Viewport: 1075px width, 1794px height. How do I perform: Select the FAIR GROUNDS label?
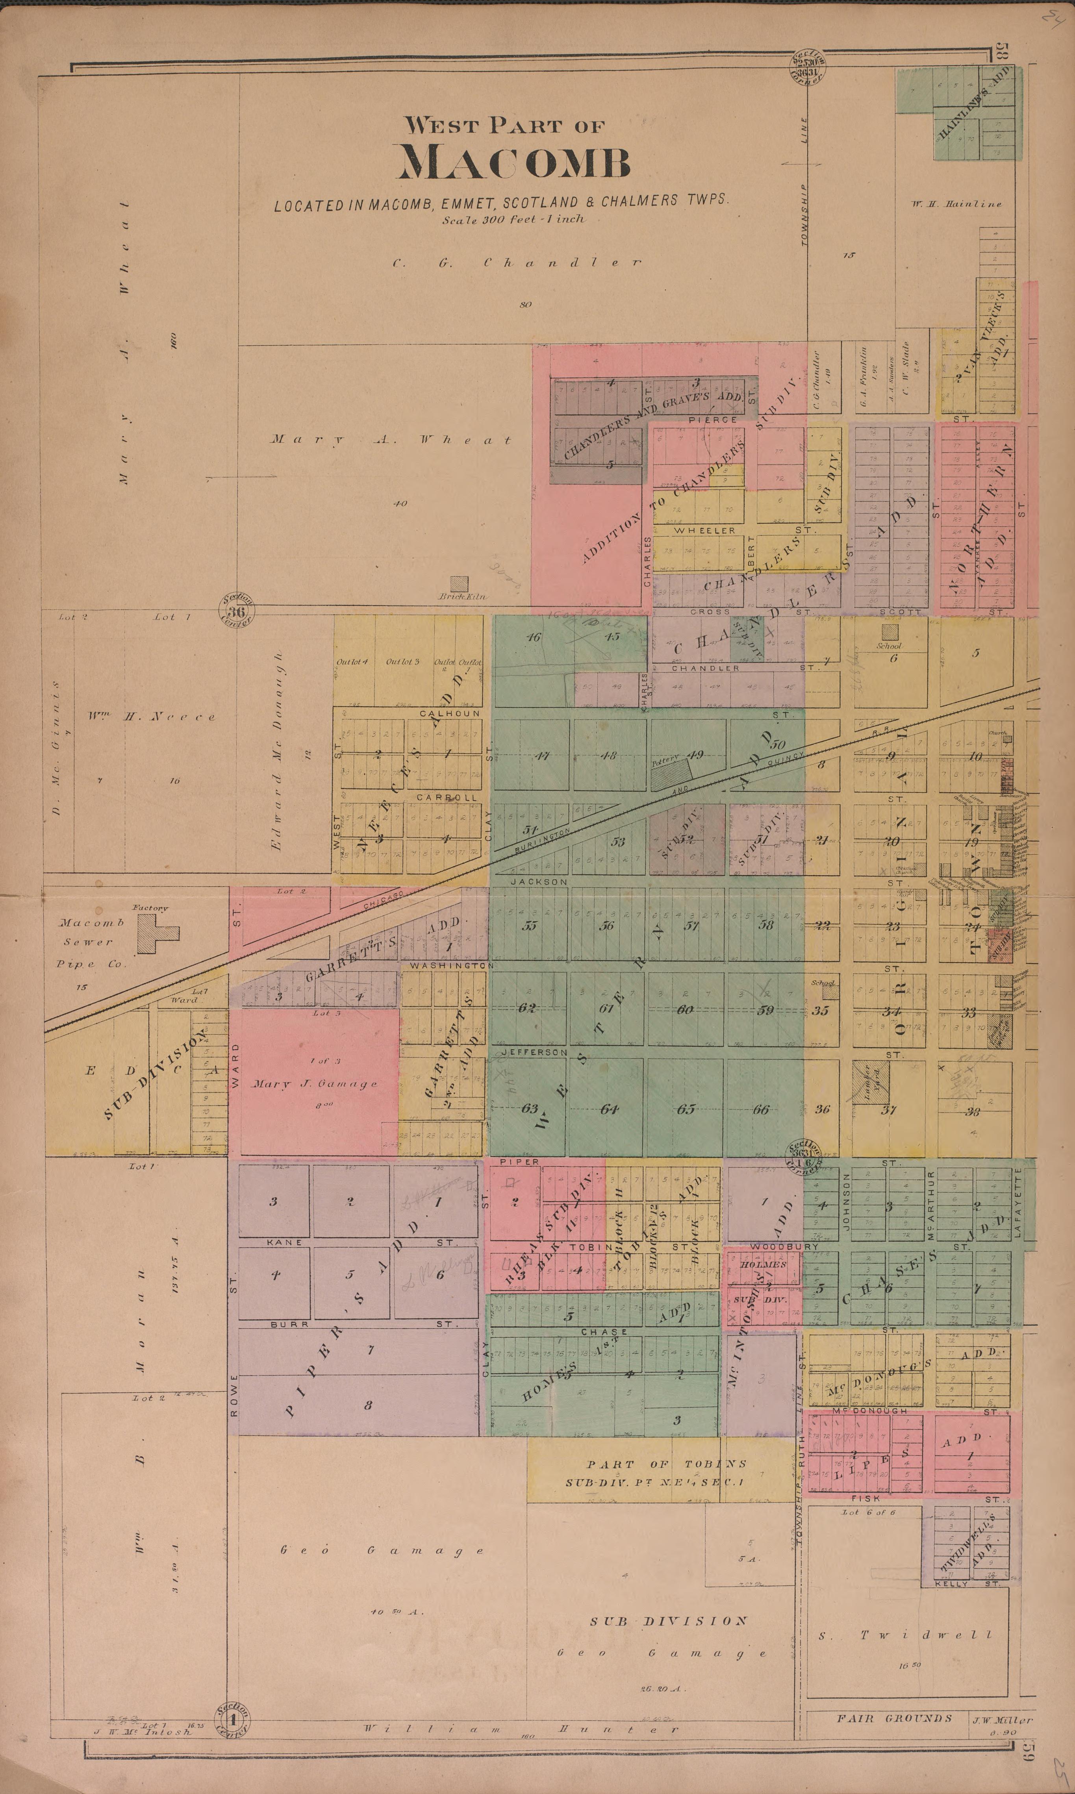(x=894, y=1717)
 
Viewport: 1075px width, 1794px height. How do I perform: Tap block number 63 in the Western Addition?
(x=530, y=1109)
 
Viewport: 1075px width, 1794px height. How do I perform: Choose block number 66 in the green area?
(x=761, y=1109)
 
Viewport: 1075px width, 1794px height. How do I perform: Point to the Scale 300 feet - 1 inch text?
(x=513, y=219)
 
